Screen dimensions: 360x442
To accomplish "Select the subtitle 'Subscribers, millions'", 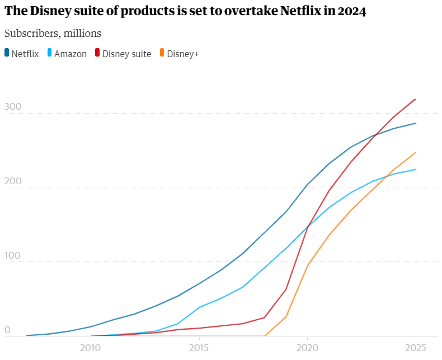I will [x=53, y=33].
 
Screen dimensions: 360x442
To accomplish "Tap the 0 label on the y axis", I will [x=7, y=330].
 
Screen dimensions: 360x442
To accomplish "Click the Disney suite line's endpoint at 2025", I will [x=415, y=99].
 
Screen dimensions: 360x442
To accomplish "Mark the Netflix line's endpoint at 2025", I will [x=416, y=123].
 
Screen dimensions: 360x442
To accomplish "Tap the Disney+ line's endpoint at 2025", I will [x=416, y=152].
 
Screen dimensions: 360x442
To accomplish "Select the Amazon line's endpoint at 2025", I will [x=416, y=169].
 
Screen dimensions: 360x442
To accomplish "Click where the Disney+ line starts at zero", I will [x=264, y=336].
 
